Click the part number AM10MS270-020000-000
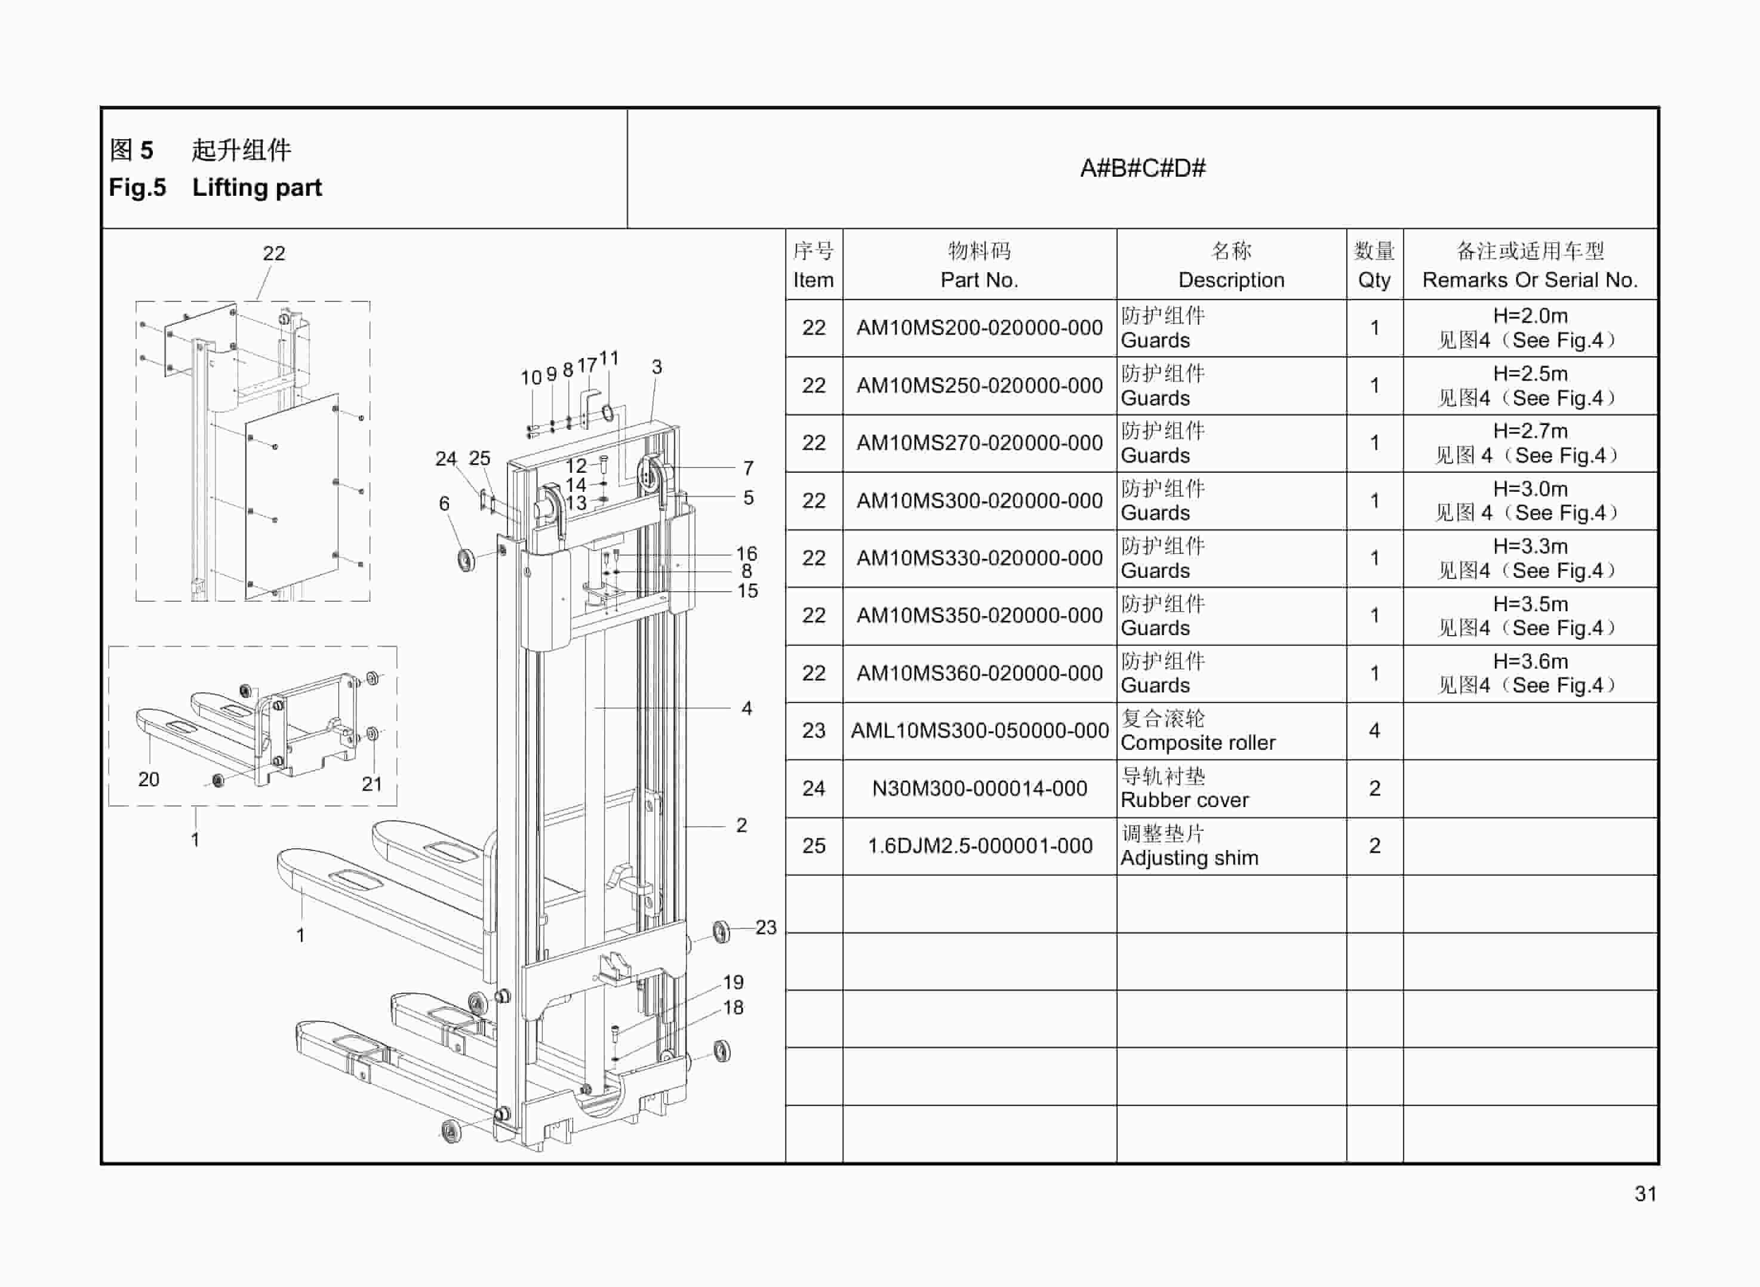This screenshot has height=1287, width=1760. (x=979, y=442)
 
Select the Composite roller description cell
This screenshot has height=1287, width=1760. (x=1230, y=731)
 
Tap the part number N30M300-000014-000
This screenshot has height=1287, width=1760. (x=979, y=789)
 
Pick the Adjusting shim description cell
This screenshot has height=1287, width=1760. (x=1230, y=846)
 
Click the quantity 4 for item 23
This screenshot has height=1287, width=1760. (x=1374, y=731)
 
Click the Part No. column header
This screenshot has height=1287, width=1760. (x=979, y=265)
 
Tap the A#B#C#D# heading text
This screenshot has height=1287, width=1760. (x=1142, y=168)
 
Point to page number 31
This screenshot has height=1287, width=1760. (x=1645, y=1193)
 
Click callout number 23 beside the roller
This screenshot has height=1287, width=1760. (x=765, y=927)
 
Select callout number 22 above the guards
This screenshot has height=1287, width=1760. (x=273, y=253)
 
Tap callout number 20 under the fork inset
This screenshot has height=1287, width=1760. (x=148, y=779)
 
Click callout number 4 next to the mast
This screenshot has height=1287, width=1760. (x=746, y=708)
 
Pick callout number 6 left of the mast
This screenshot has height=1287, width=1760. (x=444, y=503)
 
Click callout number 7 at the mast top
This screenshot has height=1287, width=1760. (x=748, y=467)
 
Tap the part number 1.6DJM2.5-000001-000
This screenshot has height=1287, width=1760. (x=979, y=846)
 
